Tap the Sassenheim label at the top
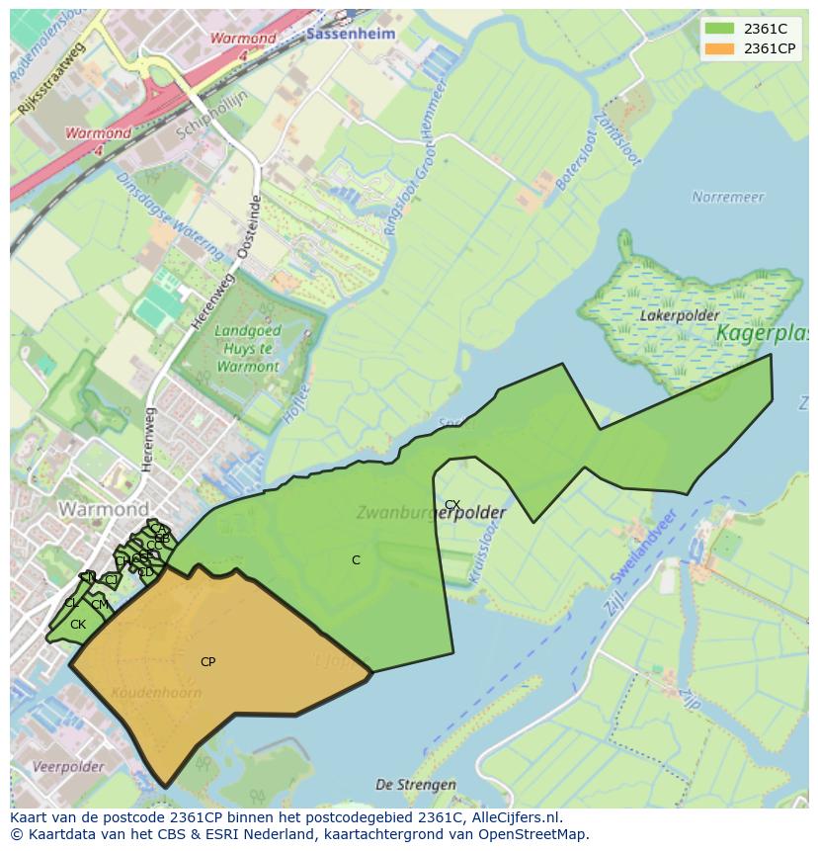[x=351, y=34]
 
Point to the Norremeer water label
[x=728, y=197]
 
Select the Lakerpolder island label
[x=678, y=315]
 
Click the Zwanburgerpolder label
[x=431, y=513]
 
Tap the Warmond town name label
[x=104, y=510]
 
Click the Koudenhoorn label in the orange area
[x=157, y=692]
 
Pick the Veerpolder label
[x=68, y=767]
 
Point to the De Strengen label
[x=416, y=785]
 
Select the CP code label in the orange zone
[x=207, y=662]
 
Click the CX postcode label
[x=452, y=505]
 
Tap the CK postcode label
[x=78, y=625]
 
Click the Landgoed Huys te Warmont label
[x=247, y=349]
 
